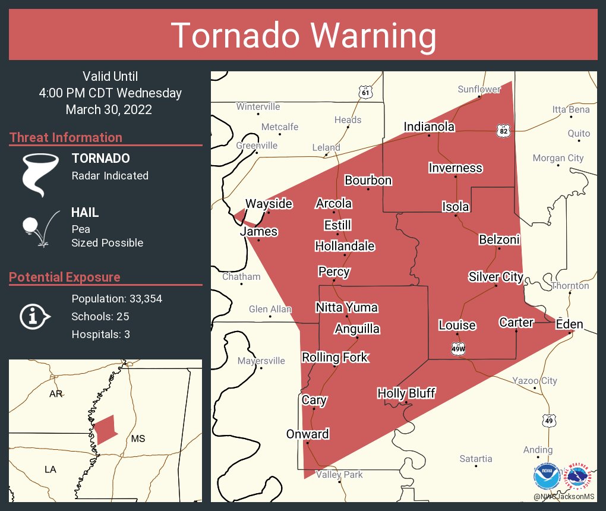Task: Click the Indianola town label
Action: point(429,127)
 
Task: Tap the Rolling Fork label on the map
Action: point(335,357)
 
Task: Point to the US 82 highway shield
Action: point(504,130)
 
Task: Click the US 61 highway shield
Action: point(366,92)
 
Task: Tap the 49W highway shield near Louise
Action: point(458,349)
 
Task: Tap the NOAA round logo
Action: point(545,476)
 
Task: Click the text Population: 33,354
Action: point(116,298)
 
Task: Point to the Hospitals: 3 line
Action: point(100,334)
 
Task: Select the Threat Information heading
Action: point(66,137)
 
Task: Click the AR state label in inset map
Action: point(56,394)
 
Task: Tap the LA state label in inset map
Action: point(50,469)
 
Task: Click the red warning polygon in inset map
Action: point(105,430)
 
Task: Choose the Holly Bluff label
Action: point(406,393)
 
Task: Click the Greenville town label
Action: point(257,145)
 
